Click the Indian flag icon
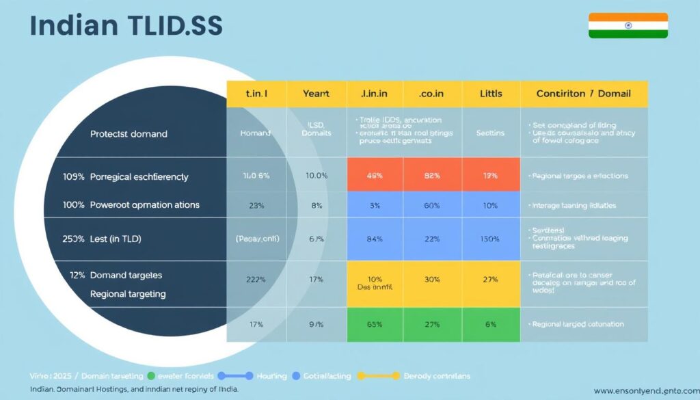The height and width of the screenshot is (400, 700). coord(628,25)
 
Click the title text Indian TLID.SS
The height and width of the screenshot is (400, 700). coord(126,25)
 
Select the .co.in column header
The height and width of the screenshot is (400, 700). coord(433,93)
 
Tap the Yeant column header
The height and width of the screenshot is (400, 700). coord(315,93)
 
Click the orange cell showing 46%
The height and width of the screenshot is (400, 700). coord(375,175)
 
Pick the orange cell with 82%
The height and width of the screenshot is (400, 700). coord(433,175)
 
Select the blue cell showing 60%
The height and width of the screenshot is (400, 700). coord(433,204)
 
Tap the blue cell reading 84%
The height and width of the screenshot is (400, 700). coord(375,239)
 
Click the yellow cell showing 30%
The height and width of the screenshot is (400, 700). coord(433,279)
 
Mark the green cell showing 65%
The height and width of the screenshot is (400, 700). coord(375,324)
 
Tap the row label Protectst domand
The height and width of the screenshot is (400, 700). coord(129,134)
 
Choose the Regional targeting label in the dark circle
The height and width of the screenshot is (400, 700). coord(128,294)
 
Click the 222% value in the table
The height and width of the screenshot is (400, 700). coord(256,279)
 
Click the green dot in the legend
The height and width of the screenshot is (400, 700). coord(150,375)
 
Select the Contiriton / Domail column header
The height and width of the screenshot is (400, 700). coord(583,93)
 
